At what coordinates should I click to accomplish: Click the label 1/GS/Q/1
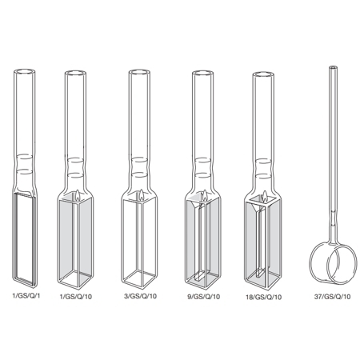click(26, 295)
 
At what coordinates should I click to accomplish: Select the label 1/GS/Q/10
click(76, 297)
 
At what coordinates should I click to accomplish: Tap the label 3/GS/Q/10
click(141, 296)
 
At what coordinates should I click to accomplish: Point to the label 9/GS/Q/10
click(204, 297)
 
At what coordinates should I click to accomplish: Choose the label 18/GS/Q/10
click(263, 297)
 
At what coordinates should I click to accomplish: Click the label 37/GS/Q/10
click(332, 297)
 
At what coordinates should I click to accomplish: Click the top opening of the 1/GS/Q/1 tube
click(24, 72)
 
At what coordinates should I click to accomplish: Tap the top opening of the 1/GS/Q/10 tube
click(75, 74)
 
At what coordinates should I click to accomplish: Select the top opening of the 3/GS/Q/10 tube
click(139, 73)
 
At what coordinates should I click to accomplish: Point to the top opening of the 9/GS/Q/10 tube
click(202, 74)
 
